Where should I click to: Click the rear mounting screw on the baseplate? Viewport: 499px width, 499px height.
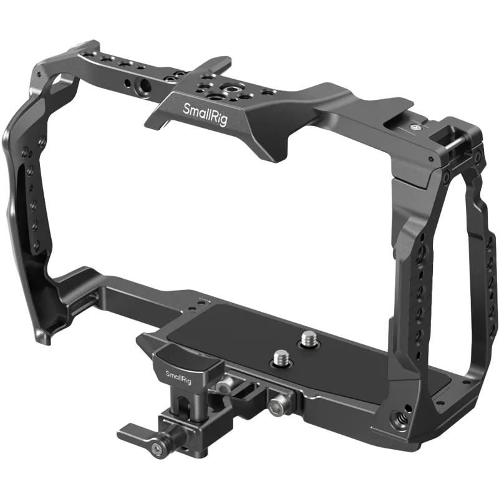[x=308, y=339]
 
